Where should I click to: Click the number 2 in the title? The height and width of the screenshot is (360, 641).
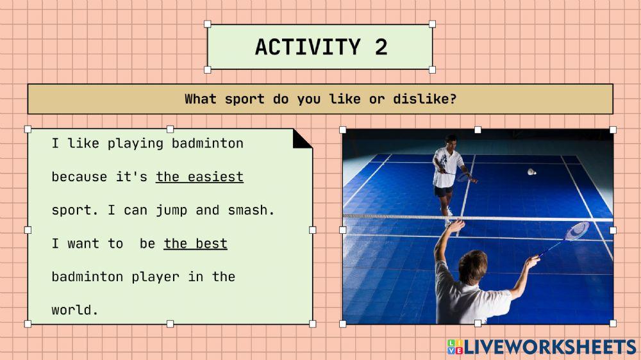(381, 47)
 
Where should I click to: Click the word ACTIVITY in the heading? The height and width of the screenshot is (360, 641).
(308, 47)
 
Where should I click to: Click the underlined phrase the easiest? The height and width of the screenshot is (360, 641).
(199, 177)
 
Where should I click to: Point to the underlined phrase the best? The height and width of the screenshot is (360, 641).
(196, 243)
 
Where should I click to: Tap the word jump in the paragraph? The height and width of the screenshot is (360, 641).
(171, 211)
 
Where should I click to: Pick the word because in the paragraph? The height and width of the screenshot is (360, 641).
(79, 177)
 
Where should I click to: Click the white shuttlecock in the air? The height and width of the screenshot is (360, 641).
(531, 172)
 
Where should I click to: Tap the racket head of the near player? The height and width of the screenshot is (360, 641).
(578, 231)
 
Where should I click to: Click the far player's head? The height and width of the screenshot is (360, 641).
(451, 142)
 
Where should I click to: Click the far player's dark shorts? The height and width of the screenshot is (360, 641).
(443, 191)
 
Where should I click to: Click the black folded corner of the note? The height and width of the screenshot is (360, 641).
(301, 139)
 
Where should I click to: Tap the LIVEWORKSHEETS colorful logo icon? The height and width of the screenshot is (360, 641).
(455, 347)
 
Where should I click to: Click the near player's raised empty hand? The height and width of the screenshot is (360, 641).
(456, 225)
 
